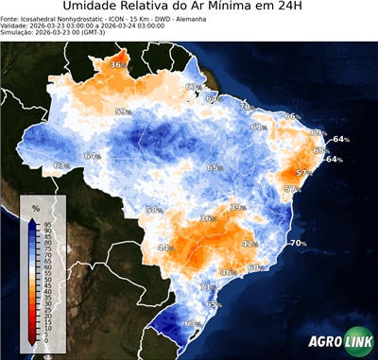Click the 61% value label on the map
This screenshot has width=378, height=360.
click(257, 127)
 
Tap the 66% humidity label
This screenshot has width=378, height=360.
click(291, 116)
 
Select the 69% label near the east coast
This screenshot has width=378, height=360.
click(318, 132)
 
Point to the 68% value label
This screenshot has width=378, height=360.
click(319, 149)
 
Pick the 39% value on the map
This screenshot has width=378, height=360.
click(237, 207)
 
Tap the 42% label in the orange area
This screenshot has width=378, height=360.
click(249, 244)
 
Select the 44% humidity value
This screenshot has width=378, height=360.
click(164, 249)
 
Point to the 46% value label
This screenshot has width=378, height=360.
click(227, 272)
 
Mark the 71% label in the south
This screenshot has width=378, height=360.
click(207, 287)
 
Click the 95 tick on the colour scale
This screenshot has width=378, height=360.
click(47, 223)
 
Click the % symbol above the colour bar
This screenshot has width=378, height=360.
click(35, 207)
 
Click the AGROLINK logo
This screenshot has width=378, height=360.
click(340, 341)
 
